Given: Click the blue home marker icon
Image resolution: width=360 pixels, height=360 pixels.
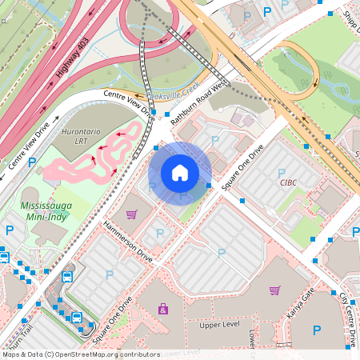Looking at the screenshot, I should click(180, 173).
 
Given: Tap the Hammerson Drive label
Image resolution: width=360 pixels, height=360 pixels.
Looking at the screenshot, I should click(127, 242).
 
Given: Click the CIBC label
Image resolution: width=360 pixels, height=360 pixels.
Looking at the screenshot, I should click(288, 182).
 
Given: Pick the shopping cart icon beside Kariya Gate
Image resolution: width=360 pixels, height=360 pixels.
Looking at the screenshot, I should click(275, 290).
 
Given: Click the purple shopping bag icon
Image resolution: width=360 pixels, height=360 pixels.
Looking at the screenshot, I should click(163, 309).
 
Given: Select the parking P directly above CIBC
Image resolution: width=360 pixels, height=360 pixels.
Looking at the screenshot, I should click(281, 173).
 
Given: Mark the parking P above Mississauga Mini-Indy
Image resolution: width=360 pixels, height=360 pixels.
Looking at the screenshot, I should click(32, 162).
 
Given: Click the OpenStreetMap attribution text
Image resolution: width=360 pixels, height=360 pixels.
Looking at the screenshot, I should click(81, 354).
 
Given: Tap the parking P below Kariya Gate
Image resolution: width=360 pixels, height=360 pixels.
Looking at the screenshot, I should click(317, 330).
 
